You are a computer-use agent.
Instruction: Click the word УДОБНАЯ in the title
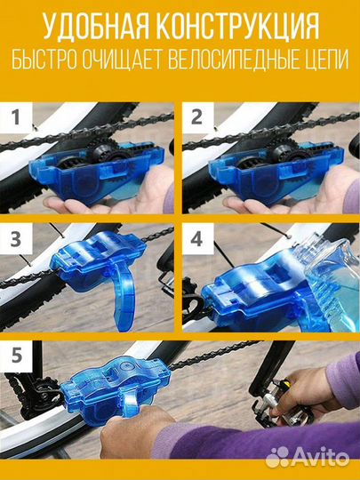click(96, 27)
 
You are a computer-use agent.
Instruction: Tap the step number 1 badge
click(16, 117)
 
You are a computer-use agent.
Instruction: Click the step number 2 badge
click(197, 117)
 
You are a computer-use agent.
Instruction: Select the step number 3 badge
click(16, 238)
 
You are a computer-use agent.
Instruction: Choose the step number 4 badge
click(197, 238)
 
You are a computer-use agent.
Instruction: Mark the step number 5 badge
click(16, 356)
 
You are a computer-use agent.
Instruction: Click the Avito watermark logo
click(307, 457)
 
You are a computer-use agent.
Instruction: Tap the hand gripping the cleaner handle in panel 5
click(135, 432)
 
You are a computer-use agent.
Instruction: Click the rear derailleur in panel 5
click(40, 392)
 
